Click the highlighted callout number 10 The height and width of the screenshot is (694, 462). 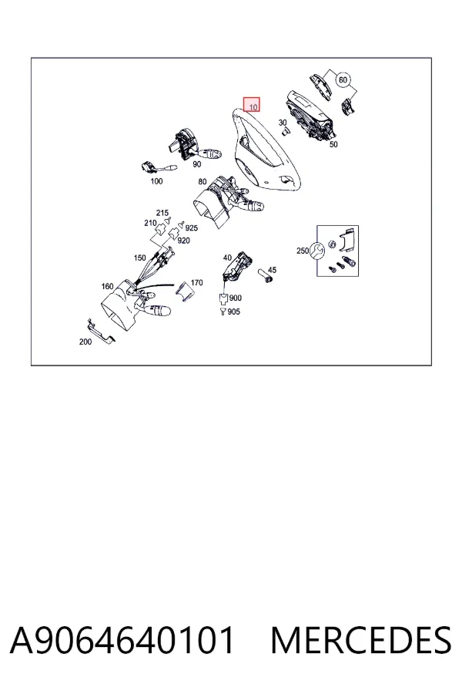point(253,107)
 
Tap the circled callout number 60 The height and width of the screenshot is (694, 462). point(343,80)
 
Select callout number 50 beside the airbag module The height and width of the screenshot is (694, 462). point(333,144)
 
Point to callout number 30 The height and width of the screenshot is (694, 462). point(283,123)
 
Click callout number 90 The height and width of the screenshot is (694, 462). point(197,164)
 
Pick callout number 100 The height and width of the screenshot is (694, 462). point(156,181)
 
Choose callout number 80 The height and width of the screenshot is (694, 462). point(202,181)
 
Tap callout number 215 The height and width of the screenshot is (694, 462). point(162,213)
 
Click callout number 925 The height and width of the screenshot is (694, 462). point(191,228)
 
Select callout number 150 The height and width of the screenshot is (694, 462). point(139,258)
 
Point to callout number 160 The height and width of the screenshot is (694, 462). point(108,286)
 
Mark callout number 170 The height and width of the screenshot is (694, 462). point(197,282)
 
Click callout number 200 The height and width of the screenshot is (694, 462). point(85,342)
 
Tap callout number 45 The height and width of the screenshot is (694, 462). point(272,270)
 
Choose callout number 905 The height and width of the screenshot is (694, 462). point(234,312)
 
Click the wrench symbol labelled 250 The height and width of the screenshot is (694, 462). point(316,251)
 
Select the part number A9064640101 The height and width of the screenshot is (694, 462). point(122,640)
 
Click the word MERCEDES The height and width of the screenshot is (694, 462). point(361,640)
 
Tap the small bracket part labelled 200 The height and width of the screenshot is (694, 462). point(102,331)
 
